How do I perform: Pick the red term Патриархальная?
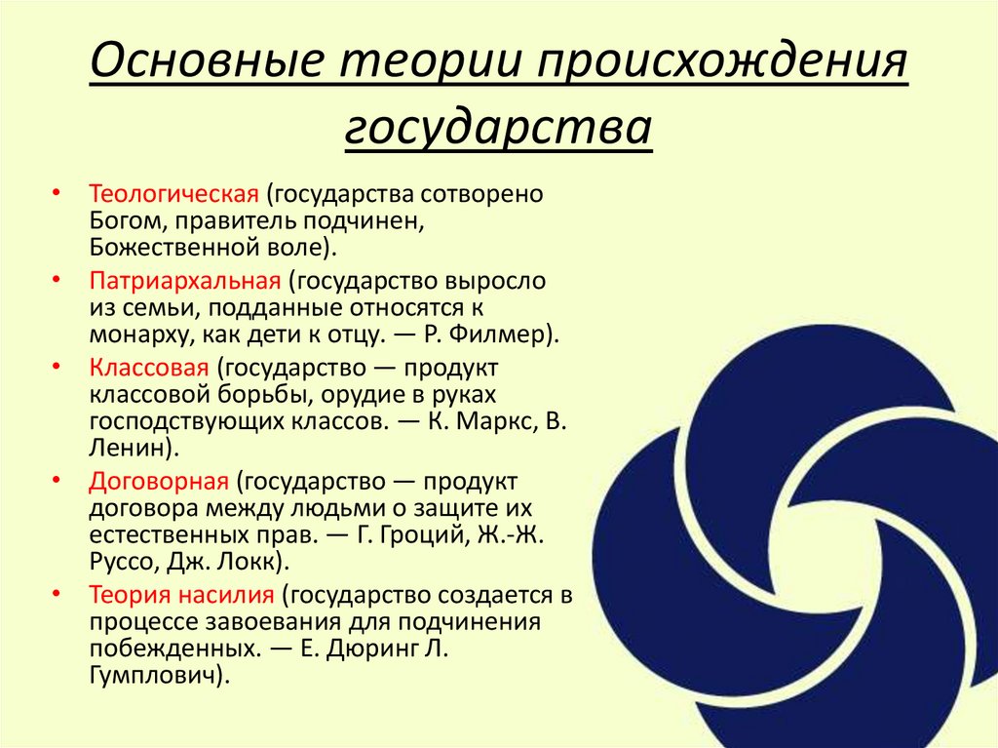pyautogui.click(x=185, y=282)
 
